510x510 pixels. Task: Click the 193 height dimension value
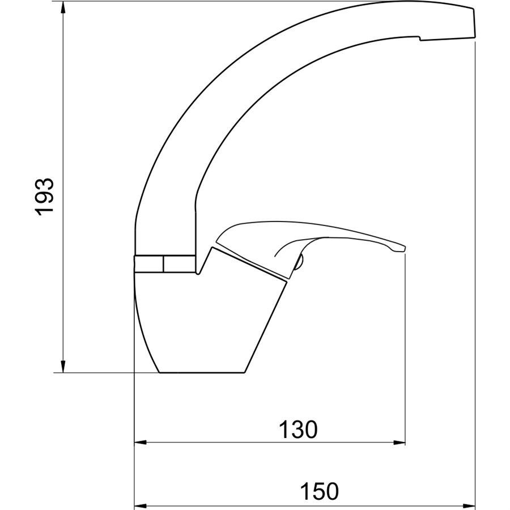pyautogui.click(x=44, y=197)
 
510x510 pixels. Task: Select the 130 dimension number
pyautogui.click(x=298, y=430)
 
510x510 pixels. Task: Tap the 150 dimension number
pyautogui.click(x=320, y=491)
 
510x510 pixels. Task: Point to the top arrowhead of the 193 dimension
pyautogui.click(x=63, y=7)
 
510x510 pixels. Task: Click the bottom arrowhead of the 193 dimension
pyautogui.click(x=63, y=367)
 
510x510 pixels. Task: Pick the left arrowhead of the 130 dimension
pyautogui.click(x=141, y=443)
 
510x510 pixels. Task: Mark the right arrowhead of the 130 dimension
pyautogui.click(x=399, y=443)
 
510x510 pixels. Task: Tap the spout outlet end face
pyautogui.click(x=474, y=23)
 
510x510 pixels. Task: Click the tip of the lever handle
pyautogui.click(x=405, y=249)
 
